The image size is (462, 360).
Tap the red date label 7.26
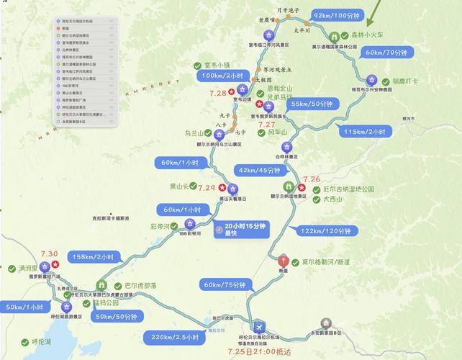pyautogui.click(x=312, y=179)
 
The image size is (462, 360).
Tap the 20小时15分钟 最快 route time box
pyautogui.click(x=242, y=229)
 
